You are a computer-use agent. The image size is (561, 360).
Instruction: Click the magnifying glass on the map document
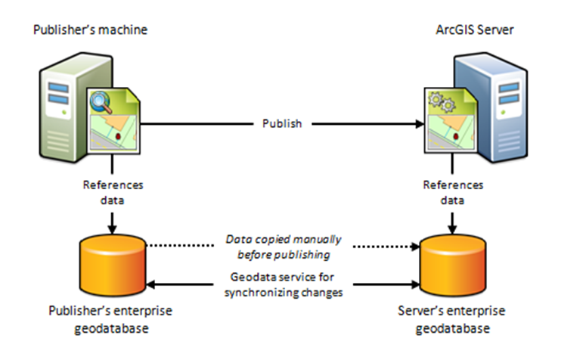point(103,101)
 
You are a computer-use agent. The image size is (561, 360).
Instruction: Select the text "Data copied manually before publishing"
point(284,246)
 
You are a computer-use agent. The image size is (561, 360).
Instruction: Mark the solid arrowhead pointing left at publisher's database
point(153,285)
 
